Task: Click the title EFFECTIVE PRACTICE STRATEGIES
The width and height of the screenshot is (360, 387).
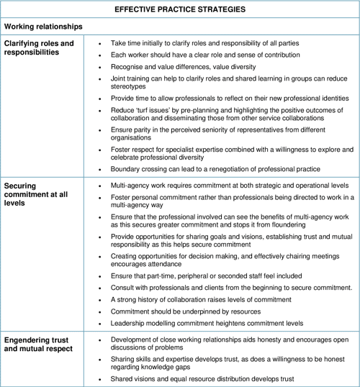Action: [179, 9]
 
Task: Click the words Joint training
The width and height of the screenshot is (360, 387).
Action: [131, 78]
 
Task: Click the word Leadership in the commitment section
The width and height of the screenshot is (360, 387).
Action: [127, 323]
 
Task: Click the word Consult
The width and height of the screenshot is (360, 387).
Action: [122, 287]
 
